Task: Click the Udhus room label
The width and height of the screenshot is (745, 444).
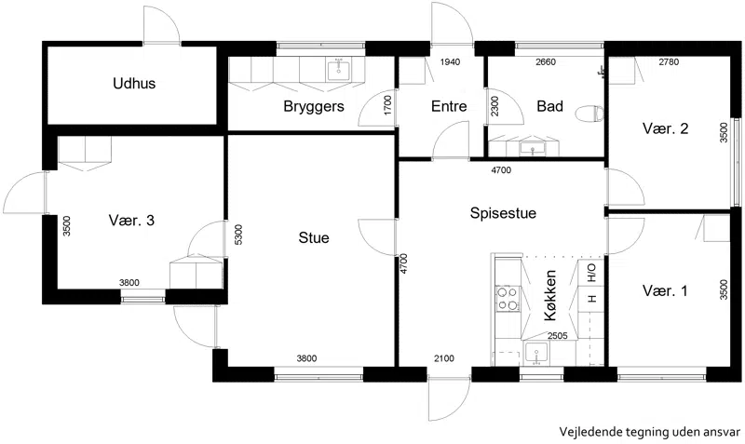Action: (x=134, y=84)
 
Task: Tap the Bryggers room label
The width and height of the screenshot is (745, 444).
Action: (x=314, y=106)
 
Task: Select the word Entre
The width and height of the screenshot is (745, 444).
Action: (x=449, y=106)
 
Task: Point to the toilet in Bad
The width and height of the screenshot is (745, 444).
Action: (x=589, y=114)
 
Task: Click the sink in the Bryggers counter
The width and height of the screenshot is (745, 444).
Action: (x=339, y=71)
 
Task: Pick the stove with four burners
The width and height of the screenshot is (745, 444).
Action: (x=507, y=299)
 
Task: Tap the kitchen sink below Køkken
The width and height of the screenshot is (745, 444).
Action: (x=536, y=353)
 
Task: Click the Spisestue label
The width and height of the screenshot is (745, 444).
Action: (x=503, y=213)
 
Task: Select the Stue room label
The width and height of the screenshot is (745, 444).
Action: (x=314, y=237)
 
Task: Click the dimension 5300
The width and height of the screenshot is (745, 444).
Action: (x=238, y=235)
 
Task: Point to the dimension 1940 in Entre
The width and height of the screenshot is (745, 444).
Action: (x=450, y=61)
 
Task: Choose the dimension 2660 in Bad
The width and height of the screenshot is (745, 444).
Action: (x=546, y=61)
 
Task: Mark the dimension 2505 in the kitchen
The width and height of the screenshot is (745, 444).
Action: (x=557, y=336)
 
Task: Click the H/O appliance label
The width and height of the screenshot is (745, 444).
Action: (x=592, y=273)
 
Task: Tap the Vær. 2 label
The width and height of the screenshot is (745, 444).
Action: (x=665, y=128)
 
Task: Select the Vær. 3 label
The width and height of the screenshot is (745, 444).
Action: (x=131, y=221)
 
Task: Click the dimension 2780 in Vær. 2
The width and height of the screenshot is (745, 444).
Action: (x=669, y=61)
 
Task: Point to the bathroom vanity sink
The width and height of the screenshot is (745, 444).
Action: (x=532, y=149)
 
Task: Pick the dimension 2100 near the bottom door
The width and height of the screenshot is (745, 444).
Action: (x=444, y=358)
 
